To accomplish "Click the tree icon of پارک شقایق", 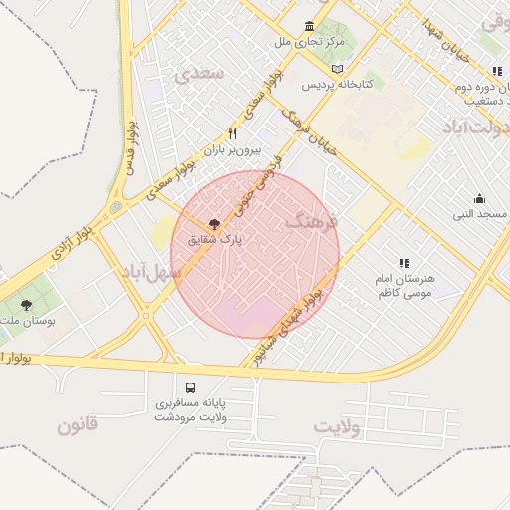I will [x=215, y=224].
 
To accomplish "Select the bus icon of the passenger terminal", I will [x=189, y=386].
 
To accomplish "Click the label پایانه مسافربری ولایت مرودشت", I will [x=190, y=409].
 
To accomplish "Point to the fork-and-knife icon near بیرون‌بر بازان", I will [x=232, y=133].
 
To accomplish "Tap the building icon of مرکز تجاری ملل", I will [x=310, y=26].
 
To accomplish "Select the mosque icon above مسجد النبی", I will [x=480, y=198].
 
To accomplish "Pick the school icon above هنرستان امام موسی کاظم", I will [x=404, y=263].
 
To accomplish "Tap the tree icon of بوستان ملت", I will [x=26, y=305].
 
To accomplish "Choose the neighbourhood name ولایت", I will [x=336, y=426].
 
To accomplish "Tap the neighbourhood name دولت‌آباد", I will [x=474, y=129].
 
